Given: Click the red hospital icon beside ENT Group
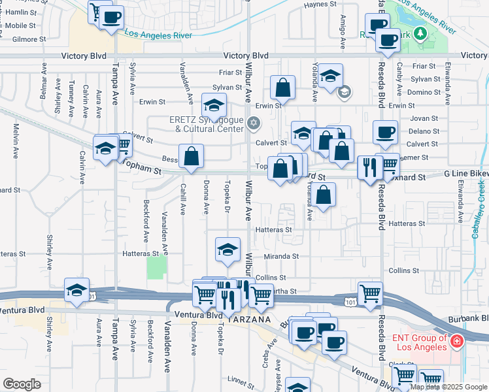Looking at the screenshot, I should coord(456,341).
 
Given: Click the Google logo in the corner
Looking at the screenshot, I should coord(22,385).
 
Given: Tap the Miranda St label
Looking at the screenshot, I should coord(282,257).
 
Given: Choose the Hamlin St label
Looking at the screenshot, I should coord(20,12).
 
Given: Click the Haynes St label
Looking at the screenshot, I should coord(320,5).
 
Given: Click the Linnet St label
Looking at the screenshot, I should coord(240,379).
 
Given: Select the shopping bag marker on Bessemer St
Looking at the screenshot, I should coord(191,157).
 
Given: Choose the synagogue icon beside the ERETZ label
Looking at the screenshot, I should coord(253,122).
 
